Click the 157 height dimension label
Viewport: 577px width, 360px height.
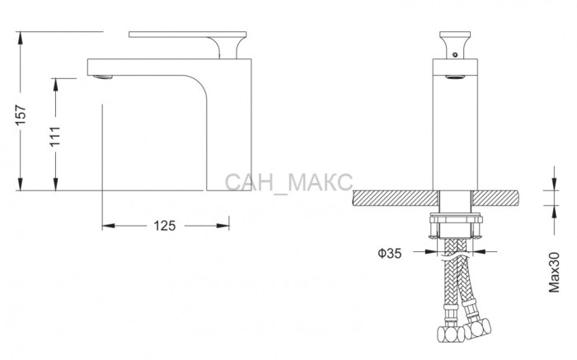click(21, 115)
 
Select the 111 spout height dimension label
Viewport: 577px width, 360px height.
click(55, 136)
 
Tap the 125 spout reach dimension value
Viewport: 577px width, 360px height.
click(165, 226)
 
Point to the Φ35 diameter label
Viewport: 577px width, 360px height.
click(390, 253)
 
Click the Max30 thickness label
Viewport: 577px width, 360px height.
click(554, 272)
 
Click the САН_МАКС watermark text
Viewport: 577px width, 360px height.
click(288, 182)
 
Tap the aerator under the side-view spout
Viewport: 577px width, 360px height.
click(103, 77)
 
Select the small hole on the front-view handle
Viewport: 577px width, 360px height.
click(455, 55)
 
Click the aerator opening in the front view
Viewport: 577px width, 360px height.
click(455, 77)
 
